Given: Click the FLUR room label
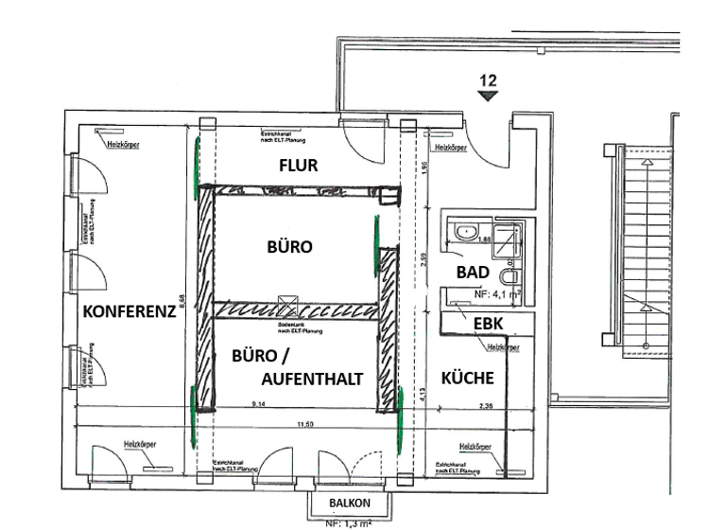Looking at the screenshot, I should click(298, 166).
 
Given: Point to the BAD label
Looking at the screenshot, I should click(472, 272).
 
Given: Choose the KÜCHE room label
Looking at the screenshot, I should click(468, 378).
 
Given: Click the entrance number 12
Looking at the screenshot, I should click(488, 80).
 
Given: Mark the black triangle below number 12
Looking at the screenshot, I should click(488, 95).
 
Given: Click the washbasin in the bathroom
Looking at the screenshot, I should click(466, 231).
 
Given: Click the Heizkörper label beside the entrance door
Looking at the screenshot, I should click(451, 149).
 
